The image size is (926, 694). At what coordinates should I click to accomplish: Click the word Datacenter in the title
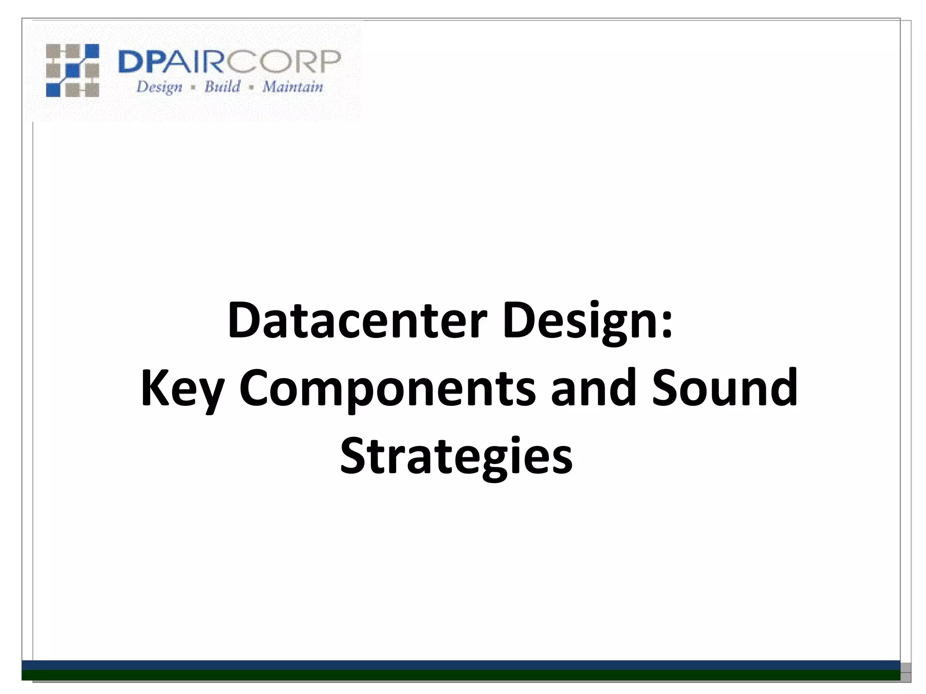(x=357, y=321)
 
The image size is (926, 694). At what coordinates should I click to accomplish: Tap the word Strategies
(x=456, y=456)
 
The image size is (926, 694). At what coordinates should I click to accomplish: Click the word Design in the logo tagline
(x=159, y=87)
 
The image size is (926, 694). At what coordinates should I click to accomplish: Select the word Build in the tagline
(x=222, y=86)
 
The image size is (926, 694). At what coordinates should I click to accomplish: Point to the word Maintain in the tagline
(x=293, y=86)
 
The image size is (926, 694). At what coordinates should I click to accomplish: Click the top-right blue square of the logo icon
(x=91, y=51)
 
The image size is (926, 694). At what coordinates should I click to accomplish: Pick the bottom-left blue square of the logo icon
(x=53, y=89)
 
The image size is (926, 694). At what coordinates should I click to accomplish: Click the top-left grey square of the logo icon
(x=53, y=51)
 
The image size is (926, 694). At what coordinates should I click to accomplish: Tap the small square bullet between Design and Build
(x=193, y=88)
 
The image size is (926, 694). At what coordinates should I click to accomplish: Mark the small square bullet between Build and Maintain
(x=251, y=88)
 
